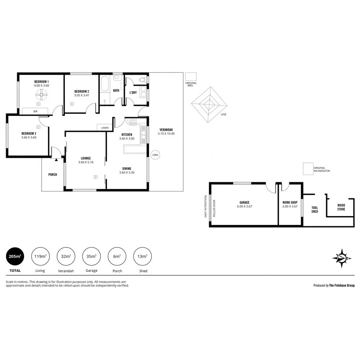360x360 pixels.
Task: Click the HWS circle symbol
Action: tap(155, 155)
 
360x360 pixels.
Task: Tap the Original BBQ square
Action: tap(191, 76)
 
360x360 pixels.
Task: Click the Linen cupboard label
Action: tap(105, 128)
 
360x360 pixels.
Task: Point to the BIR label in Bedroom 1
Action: tap(24, 111)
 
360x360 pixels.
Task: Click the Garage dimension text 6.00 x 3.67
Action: tap(244, 206)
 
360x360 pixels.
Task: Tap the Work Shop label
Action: tap(290, 203)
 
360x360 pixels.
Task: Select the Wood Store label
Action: tap(341, 207)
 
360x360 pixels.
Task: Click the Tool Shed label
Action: tap(314, 210)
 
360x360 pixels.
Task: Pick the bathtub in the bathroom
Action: tap(105, 84)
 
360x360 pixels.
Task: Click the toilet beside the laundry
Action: tap(142, 80)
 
